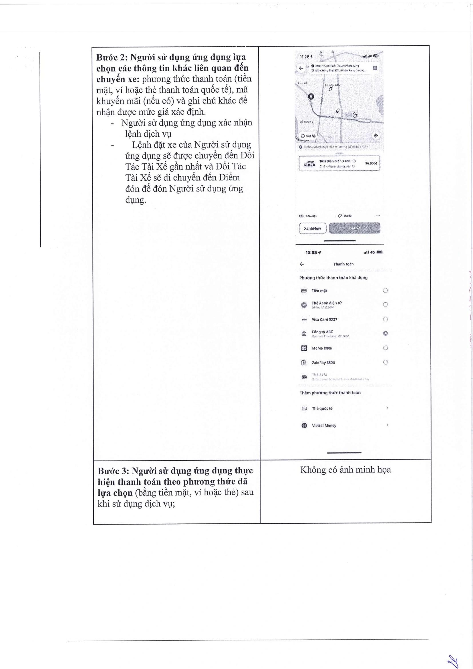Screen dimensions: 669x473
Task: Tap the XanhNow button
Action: [x=313, y=228]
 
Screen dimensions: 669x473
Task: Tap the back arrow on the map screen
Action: [x=301, y=68]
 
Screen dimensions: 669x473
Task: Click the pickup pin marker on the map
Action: [x=311, y=97]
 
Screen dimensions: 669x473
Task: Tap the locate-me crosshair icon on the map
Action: [x=375, y=136]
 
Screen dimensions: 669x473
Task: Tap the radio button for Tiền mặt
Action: [x=385, y=290]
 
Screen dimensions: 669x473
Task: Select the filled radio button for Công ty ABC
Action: [x=385, y=333]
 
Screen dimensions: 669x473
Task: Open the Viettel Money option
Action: [x=324, y=425]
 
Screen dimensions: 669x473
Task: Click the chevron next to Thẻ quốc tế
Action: [x=387, y=408]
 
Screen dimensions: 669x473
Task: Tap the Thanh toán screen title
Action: [x=343, y=264]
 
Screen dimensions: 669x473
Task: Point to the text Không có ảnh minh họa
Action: [x=345, y=470]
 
